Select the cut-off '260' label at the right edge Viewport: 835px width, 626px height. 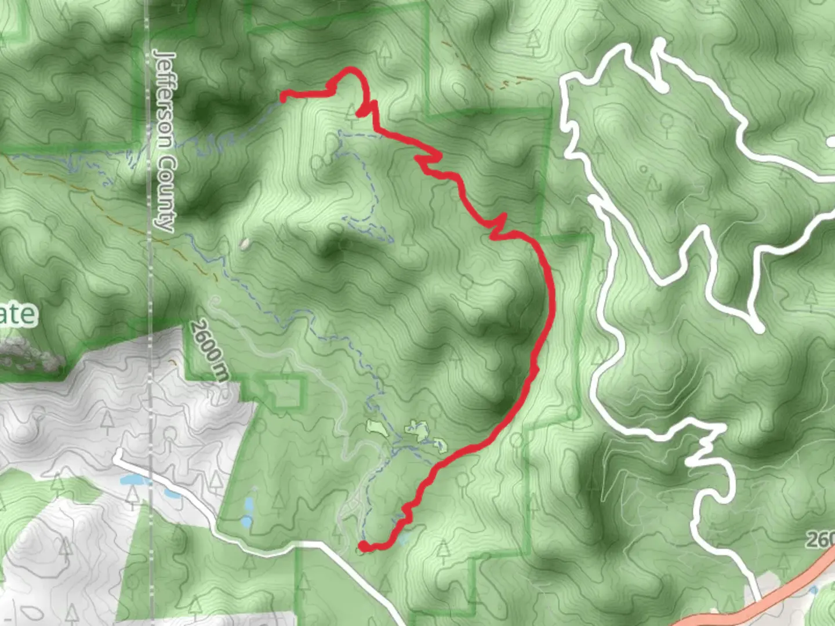[x=820, y=540]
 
